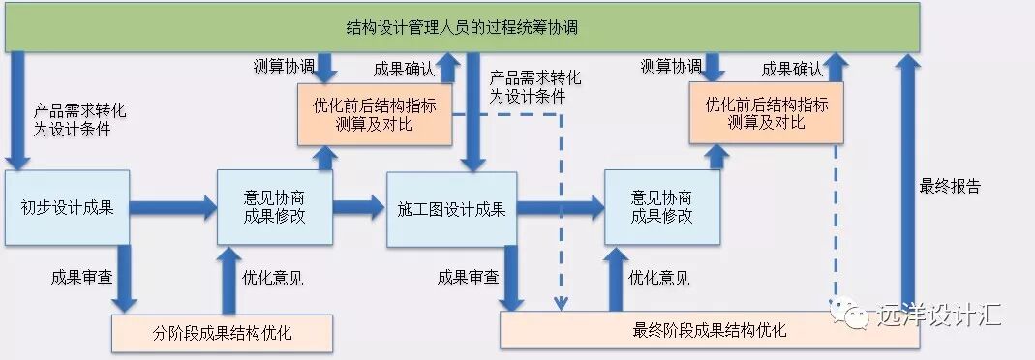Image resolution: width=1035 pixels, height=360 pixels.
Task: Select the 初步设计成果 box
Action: (x=67, y=207)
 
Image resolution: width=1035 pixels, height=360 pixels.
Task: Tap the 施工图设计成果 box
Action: (x=451, y=208)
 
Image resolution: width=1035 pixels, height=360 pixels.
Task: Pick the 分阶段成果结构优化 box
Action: (x=222, y=334)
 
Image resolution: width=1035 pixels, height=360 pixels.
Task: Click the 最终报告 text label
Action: (x=950, y=187)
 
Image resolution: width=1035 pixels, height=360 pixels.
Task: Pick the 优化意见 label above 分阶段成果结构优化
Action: (x=271, y=279)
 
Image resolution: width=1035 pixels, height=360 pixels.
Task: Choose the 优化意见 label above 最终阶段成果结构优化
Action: (x=659, y=279)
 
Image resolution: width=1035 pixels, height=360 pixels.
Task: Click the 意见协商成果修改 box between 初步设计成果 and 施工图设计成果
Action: (x=275, y=207)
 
